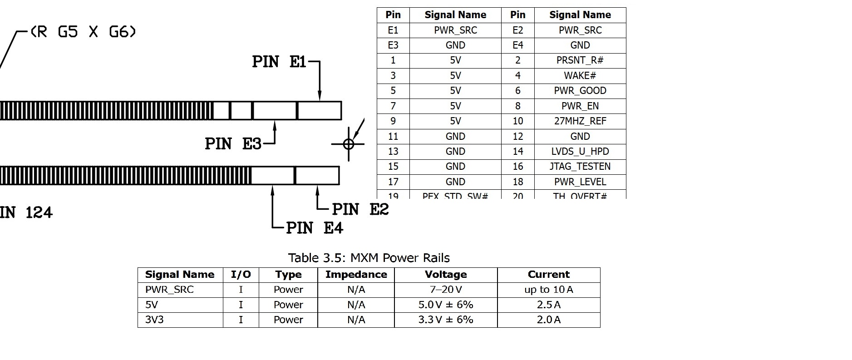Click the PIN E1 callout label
279,62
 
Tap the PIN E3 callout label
233,144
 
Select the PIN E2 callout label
360,209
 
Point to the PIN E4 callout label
315,227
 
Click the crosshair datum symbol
349,144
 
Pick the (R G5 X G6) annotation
83,32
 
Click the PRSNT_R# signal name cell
580,60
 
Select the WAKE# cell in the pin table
580,75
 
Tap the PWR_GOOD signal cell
580,91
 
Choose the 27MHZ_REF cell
580,121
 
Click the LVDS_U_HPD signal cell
580,151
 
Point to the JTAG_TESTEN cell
580,167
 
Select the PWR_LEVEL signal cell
580,182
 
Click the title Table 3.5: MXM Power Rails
369,258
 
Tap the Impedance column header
356,275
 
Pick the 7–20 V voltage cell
446,290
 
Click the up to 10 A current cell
548,290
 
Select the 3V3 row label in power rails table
154,320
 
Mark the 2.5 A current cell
548,305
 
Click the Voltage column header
446,275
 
